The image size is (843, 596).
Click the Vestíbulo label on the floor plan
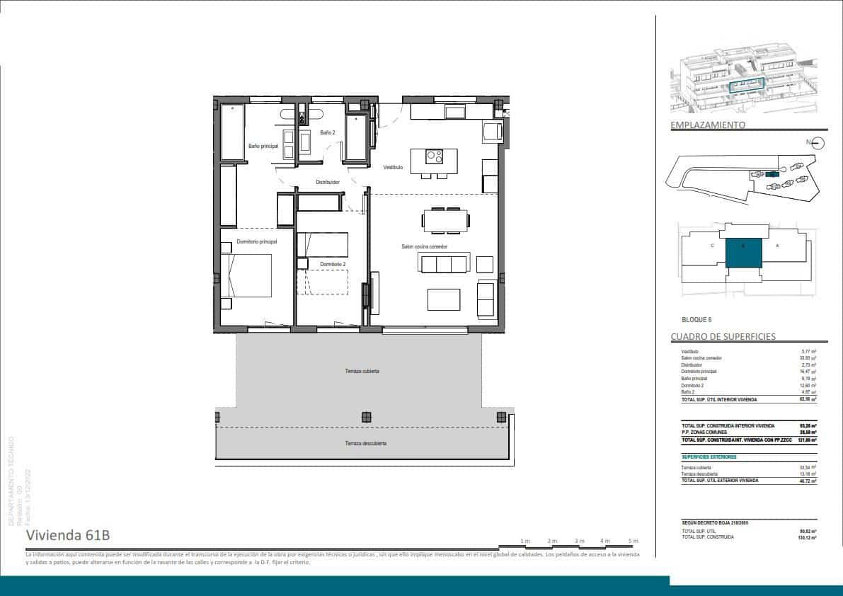(x=394, y=168)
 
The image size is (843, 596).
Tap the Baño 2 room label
(x=327, y=132)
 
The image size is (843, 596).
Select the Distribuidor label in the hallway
(x=328, y=182)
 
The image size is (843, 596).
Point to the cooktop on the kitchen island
(x=434, y=156)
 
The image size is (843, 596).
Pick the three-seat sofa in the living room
(x=444, y=264)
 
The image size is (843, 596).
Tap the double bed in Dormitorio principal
(x=248, y=275)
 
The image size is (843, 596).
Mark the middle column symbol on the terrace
(x=366, y=417)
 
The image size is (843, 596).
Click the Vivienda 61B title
(x=68, y=534)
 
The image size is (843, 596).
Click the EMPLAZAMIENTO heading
(x=708, y=125)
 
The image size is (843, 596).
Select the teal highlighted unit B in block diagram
(x=744, y=252)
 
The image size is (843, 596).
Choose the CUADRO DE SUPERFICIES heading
(x=723, y=337)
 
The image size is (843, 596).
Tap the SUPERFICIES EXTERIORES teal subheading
(x=709, y=457)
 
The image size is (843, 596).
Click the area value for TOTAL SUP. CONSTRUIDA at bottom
(x=809, y=537)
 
